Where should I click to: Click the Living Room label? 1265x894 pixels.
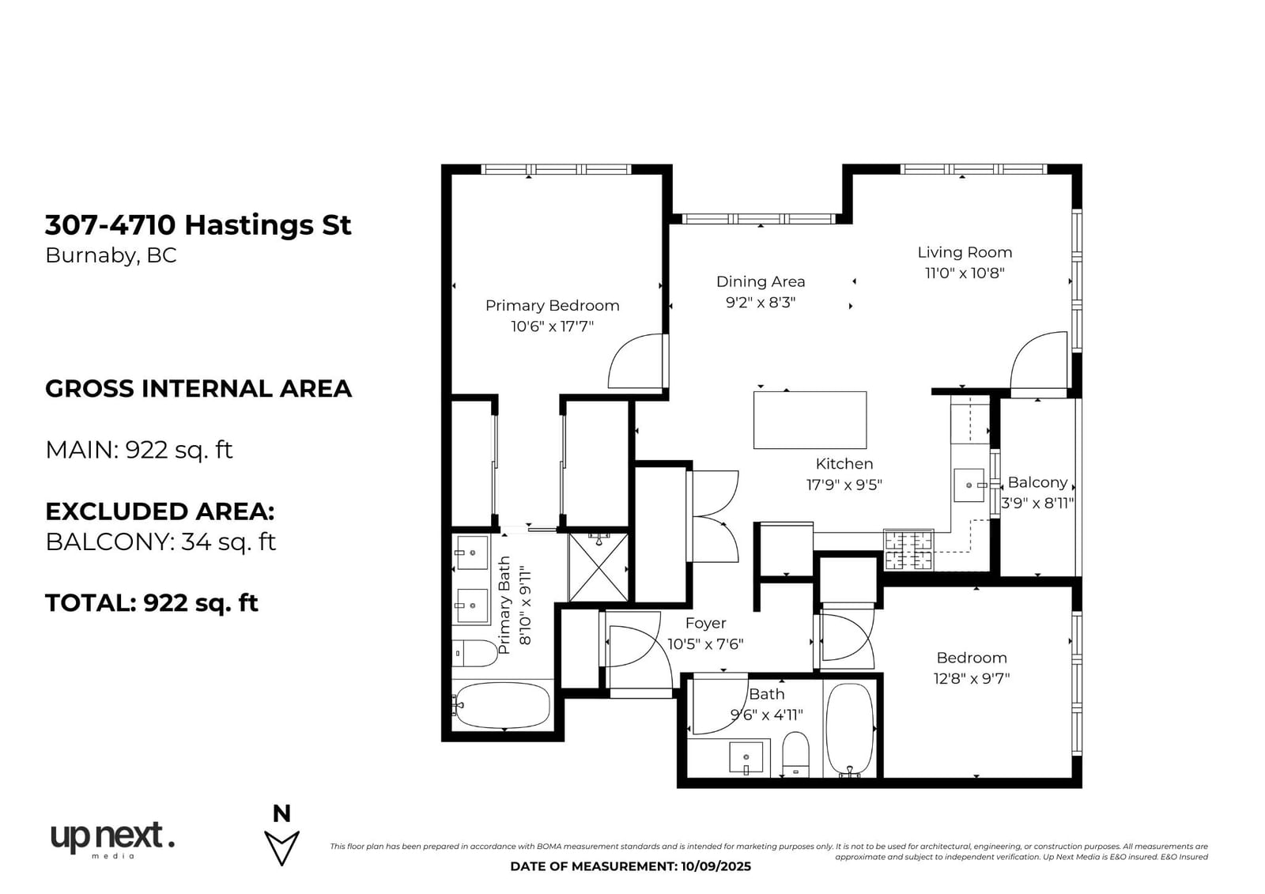pos(964,252)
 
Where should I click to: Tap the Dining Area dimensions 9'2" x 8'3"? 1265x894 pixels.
pos(760,303)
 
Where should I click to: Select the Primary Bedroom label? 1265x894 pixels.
pos(553,306)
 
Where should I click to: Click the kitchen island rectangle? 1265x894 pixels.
pos(810,421)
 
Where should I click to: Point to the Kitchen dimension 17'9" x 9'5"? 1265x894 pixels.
pos(844,485)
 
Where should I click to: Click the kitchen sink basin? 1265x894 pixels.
pos(969,485)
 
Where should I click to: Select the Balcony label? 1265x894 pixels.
pos(1037,482)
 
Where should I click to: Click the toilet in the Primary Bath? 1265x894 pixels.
pos(474,654)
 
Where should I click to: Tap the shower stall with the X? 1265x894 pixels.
pos(598,567)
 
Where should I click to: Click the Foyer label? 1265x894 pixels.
pos(705,623)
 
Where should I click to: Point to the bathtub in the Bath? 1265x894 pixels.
pos(849,729)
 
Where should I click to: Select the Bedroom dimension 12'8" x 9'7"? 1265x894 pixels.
pos(972,678)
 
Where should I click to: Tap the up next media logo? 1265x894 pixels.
pos(112,840)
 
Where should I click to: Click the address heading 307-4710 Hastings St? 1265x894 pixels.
pos(198,224)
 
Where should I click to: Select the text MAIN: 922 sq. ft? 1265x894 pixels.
pos(139,450)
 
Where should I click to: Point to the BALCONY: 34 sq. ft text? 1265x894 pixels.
pos(160,542)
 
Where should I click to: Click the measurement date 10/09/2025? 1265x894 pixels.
pos(714,866)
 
